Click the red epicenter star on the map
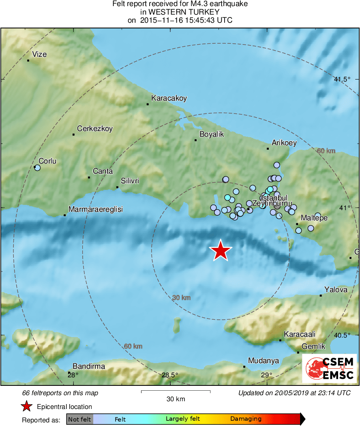220,250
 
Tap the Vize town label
39,54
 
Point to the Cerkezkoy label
95,129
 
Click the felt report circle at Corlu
37,167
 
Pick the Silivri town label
130,181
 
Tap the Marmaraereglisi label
95,209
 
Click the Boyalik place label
211,134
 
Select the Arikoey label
284,143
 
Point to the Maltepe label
314,218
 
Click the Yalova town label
336,290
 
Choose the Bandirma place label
88,366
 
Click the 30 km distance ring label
181,298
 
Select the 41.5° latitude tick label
342,80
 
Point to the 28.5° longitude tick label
169,375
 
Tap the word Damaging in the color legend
246,419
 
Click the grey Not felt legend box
80,419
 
